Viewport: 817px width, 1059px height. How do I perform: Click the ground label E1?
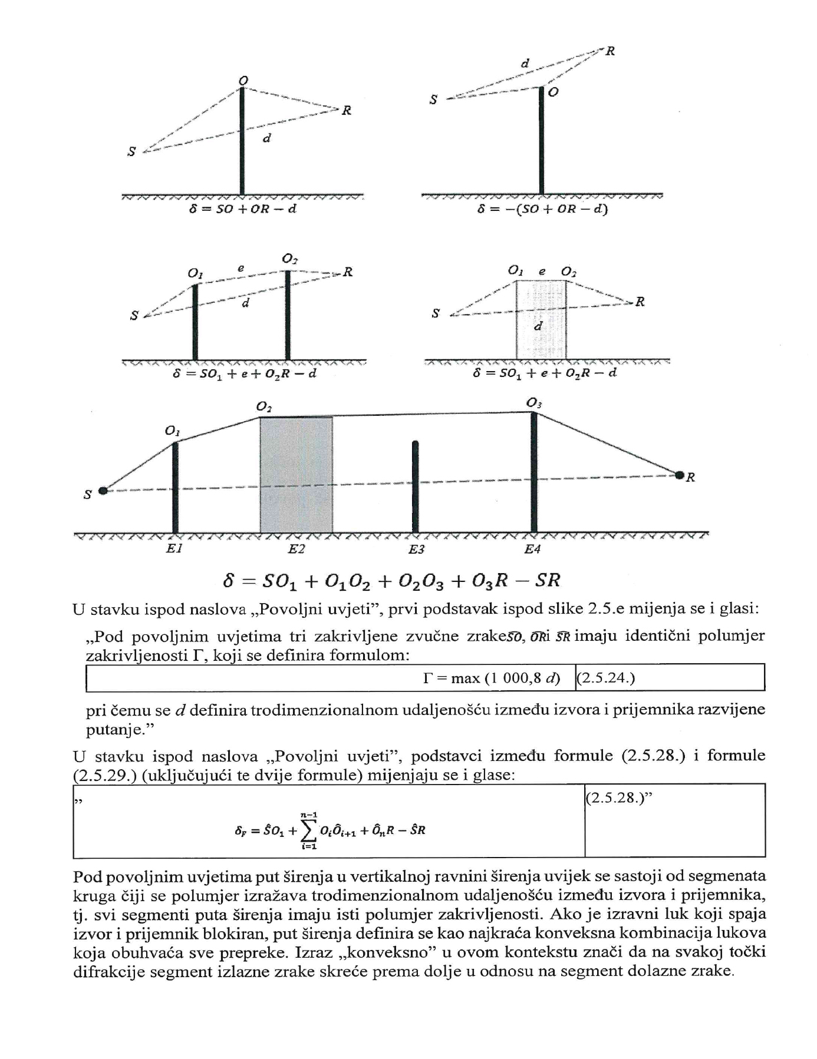174,549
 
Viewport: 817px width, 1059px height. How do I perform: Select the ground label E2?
297,549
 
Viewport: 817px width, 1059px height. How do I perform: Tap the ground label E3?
416,549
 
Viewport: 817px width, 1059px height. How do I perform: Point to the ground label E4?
532,549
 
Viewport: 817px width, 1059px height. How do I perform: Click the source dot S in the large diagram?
103,490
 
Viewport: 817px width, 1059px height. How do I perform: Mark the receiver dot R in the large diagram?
680,475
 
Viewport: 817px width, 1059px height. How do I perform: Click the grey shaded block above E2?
297,474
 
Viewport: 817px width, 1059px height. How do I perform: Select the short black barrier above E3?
416,486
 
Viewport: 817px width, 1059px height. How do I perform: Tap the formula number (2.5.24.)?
605,678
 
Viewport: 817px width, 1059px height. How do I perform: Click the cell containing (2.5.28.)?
675,820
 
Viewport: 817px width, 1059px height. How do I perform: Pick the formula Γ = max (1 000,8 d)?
491,678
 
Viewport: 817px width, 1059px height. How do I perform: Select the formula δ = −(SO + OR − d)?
542,209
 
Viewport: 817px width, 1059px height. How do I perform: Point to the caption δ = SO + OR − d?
242,209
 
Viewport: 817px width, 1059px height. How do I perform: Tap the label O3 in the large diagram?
534,403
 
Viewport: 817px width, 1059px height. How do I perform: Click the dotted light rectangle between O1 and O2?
541,320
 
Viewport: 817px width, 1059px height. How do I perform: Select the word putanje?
112,730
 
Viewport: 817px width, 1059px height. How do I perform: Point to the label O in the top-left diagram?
243,80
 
